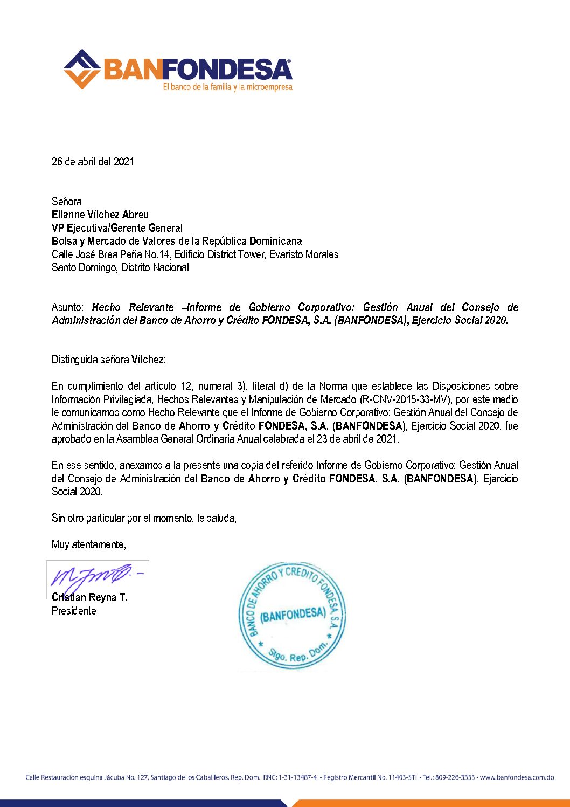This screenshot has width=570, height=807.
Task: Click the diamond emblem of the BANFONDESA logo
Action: coord(82,70)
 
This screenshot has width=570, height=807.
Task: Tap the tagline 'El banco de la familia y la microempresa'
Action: coord(227,87)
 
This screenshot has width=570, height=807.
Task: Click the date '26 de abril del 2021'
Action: coord(93,162)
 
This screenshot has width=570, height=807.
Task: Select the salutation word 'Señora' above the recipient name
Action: coord(67,202)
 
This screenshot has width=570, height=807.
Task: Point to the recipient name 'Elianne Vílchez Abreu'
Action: coord(100,215)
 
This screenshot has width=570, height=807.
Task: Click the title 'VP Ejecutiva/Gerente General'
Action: coord(117,228)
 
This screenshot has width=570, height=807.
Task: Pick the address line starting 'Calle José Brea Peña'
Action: coord(195,254)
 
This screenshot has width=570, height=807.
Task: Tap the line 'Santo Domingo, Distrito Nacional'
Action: coord(120,267)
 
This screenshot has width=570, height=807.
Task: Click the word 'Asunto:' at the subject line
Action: coord(67,307)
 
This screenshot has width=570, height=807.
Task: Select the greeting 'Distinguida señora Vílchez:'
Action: coord(109,360)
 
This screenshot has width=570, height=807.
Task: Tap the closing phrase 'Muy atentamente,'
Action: coord(89,544)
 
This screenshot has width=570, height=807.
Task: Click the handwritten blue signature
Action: coord(94,576)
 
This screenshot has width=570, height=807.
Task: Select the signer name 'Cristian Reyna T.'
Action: coord(89,597)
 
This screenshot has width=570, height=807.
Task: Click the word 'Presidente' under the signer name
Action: coord(74,611)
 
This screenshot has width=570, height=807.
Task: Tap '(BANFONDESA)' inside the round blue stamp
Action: coord(293,615)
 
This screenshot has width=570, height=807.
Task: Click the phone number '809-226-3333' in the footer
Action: coord(455,777)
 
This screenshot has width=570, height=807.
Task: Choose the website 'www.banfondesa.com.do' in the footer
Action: coord(517,777)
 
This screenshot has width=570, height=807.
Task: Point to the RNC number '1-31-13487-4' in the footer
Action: coord(297,777)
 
